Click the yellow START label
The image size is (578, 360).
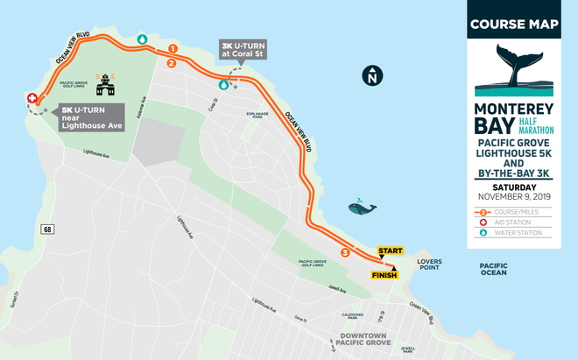pyautogui.click(x=390, y=251)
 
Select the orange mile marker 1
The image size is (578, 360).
pyautogui.click(x=173, y=48)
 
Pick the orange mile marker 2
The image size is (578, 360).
pyautogui.click(x=171, y=63)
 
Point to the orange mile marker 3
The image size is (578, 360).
pyautogui.click(x=345, y=253)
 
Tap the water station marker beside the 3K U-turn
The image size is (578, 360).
pyautogui.click(x=224, y=85)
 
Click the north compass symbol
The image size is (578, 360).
pyautogui.click(x=372, y=76)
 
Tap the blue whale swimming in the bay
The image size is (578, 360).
pyautogui.click(x=361, y=208)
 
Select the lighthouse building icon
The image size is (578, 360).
pyautogui.click(x=108, y=84)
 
